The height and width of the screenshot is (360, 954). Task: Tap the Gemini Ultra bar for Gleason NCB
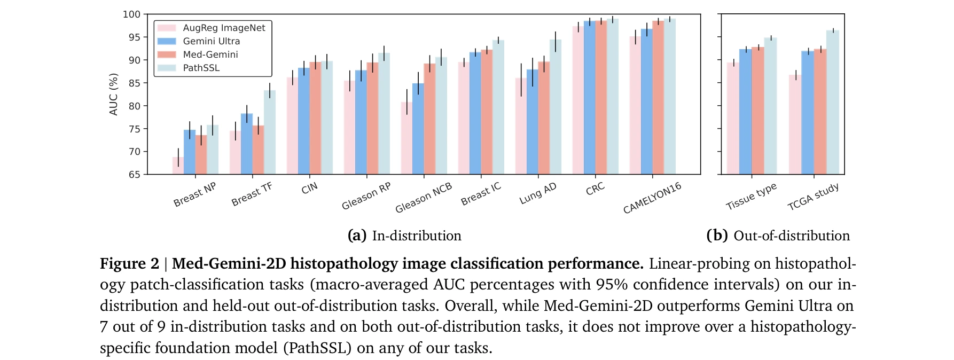coord(418,129)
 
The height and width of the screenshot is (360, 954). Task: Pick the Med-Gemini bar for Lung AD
coord(544,118)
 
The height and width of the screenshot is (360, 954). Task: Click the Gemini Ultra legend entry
coord(211,41)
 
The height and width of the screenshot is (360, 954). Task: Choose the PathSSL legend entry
coord(201,68)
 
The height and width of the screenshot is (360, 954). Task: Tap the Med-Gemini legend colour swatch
coord(167,54)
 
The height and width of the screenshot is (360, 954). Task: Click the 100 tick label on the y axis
coord(132,14)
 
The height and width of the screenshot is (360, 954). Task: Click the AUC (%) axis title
coord(113,95)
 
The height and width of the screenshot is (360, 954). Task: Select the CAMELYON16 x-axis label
coord(652,198)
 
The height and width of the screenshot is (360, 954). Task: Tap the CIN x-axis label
coord(309,189)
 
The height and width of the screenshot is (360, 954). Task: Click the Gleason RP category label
coord(366,196)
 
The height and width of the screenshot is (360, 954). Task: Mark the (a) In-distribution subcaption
coord(404,236)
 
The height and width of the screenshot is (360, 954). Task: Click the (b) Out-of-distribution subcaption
coord(778,236)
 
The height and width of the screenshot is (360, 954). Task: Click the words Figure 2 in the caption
coord(129,264)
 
